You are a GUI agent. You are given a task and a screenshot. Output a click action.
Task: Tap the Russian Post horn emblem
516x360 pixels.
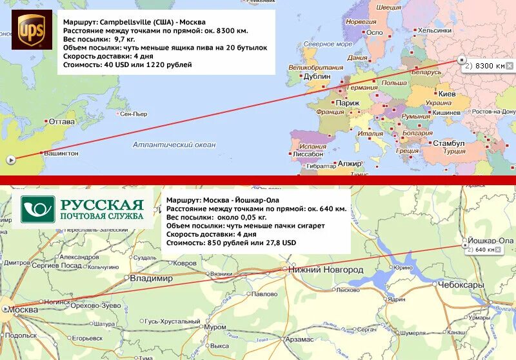click(x=38, y=210)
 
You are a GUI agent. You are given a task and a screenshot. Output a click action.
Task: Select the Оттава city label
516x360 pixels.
click(x=62, y=122)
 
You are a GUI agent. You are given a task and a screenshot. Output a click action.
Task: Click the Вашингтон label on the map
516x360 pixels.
click(x=61, y=154)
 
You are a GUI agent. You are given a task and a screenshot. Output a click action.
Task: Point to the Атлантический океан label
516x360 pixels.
click(x=174, y=145)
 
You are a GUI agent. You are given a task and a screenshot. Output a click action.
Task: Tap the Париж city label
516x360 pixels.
click(x=348, y=103)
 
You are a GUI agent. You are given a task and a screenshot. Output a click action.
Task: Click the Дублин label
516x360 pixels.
click(x=317, y=76)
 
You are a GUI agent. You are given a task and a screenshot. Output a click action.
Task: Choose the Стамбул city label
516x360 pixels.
click(x=448, y=143)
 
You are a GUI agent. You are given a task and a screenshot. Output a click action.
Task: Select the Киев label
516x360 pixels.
click(x=447, y=94)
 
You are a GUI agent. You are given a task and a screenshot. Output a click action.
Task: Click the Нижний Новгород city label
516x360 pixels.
click(x=325, y=270)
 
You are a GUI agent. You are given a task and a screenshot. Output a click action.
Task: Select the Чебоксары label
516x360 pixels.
click(x=462, y=285)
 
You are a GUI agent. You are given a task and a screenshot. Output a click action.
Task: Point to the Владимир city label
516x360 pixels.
click(x=151, y=279)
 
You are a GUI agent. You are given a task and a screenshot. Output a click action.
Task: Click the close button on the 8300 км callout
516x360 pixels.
click(x=510, y=66)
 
